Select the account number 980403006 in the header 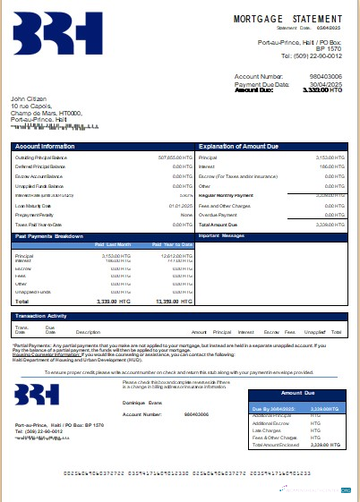tap(324, 78)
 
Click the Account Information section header tap(45, 144)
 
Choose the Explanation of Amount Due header tap(240, 144)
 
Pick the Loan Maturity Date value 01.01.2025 tap(181, 206)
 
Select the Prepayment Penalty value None tap(186, 216)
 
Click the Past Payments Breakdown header tap(50, 236)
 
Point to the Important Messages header tap(220, 236)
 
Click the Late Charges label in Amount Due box tap(270, 430)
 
